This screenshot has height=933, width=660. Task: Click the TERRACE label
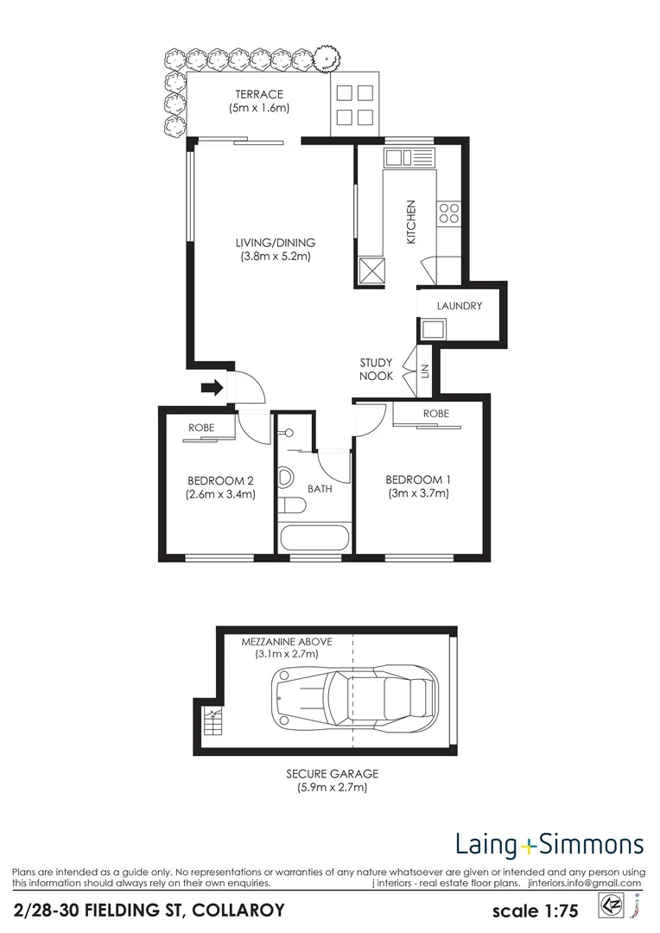click(258, 94)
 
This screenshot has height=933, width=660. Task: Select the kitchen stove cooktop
click(449, 213)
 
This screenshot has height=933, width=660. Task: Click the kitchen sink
click(410, 157)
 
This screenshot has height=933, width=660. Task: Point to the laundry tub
click(431, 329)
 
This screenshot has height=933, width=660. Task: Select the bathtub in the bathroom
click(314, 536)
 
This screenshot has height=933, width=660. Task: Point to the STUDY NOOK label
click(377, 369)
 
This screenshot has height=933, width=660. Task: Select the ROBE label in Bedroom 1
click(435, 414)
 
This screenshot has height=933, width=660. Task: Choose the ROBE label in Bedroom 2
click(202, 427)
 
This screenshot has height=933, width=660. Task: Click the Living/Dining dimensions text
click(276, 257)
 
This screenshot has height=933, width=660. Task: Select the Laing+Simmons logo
click(549, 843)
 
